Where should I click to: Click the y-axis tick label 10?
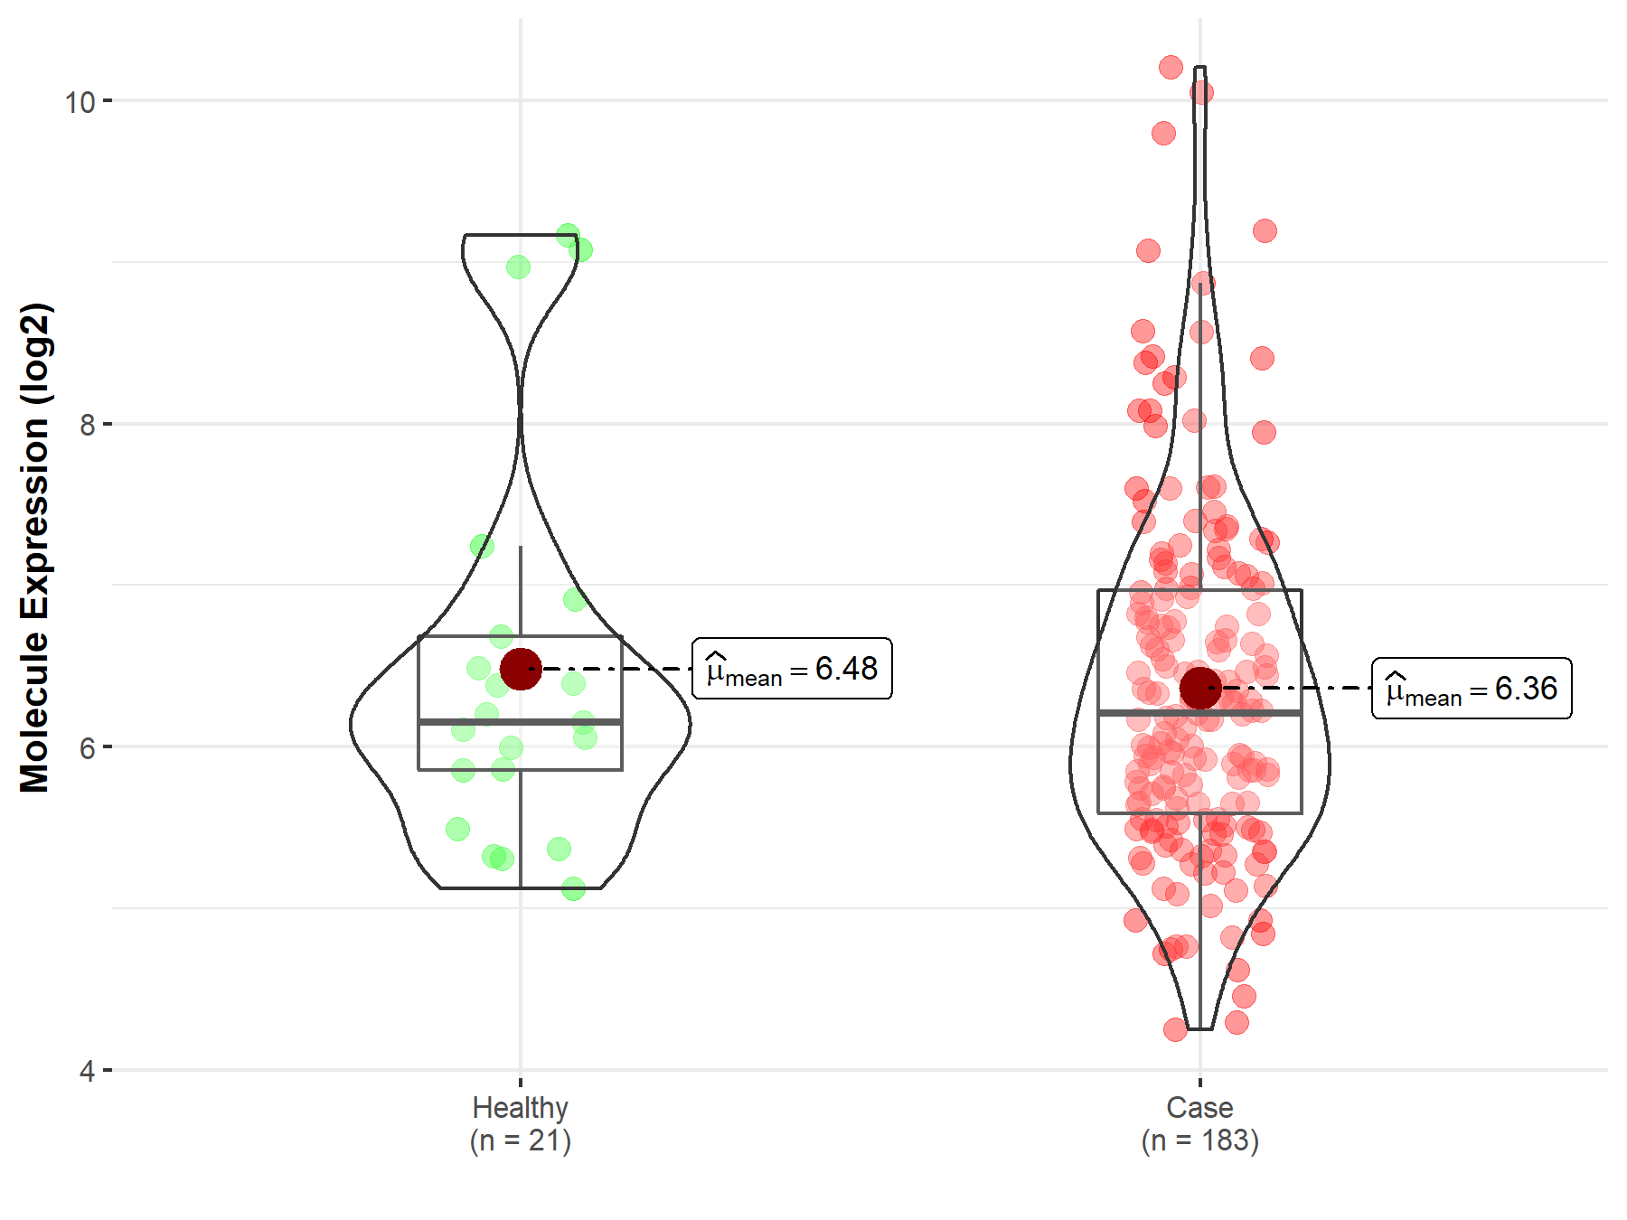coord(80,101)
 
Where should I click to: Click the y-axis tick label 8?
coord(87,424)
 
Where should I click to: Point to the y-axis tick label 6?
coord(87,747)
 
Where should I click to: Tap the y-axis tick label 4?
coord(87,1071)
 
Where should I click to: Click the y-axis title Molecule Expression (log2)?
coord(34,548)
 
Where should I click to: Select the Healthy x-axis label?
coord(520,1107)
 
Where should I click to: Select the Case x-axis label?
coord(1199,1107)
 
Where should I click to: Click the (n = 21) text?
coord(520,1140)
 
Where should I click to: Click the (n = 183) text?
coord(1199,1140)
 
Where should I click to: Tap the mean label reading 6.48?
coord(792,669)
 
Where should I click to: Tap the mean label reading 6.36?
coord(1472,689)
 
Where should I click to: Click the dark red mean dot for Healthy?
coord(521,669)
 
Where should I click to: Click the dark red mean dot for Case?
coord(1199,689)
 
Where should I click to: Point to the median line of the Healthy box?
coord(470,722)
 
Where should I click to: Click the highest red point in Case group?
coord(1171,67)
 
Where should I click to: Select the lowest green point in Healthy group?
coord(573,889)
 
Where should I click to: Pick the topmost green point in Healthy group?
coord(568,235)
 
